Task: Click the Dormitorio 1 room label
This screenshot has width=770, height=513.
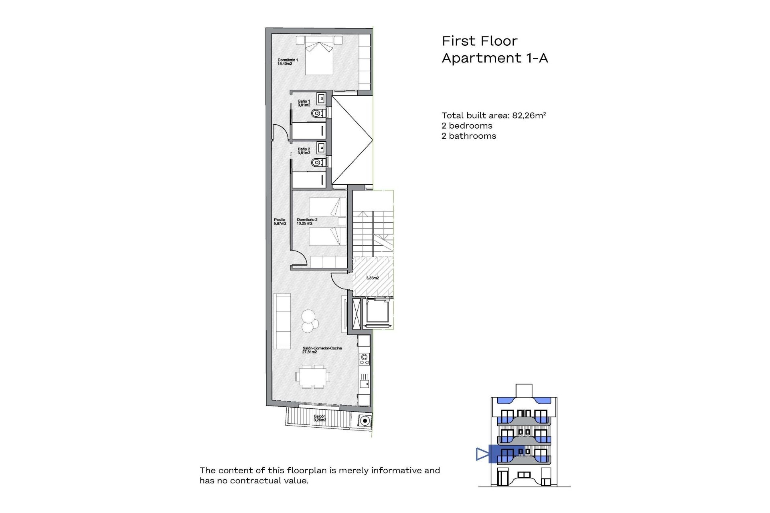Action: (x=288, y=62)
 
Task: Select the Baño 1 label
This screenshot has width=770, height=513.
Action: (x=304, y=103)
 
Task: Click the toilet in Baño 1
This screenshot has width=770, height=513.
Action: (x=318, y=114)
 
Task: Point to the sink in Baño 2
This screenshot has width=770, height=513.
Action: (x=321, y=148)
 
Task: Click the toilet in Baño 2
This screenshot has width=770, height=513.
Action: (x=318, y=162)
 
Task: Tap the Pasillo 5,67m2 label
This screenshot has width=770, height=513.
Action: (x=280, y=222)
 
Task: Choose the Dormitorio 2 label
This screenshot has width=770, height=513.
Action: (x=307, y=222)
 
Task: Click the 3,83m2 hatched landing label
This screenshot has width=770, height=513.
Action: (x=372, y=278)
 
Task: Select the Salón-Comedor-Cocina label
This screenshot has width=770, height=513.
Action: (x=322, y=350)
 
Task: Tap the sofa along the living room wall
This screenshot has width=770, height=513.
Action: (x=282, y=321)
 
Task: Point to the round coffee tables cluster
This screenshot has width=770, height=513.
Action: (x=310, y=321)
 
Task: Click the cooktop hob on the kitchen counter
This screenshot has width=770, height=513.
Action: (x=364, y=359)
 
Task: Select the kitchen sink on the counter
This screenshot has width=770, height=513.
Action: (x=364, y=384)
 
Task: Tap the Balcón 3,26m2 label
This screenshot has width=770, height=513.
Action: (x=320, y=418)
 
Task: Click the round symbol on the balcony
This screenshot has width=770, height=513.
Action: (x=364, y=421)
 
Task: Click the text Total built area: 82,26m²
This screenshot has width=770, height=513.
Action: (x=493, y=115)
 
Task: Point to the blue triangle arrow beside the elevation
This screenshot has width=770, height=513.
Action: (x=482, y=454)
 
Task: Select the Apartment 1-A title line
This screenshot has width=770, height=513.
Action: (x=494, y=58)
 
